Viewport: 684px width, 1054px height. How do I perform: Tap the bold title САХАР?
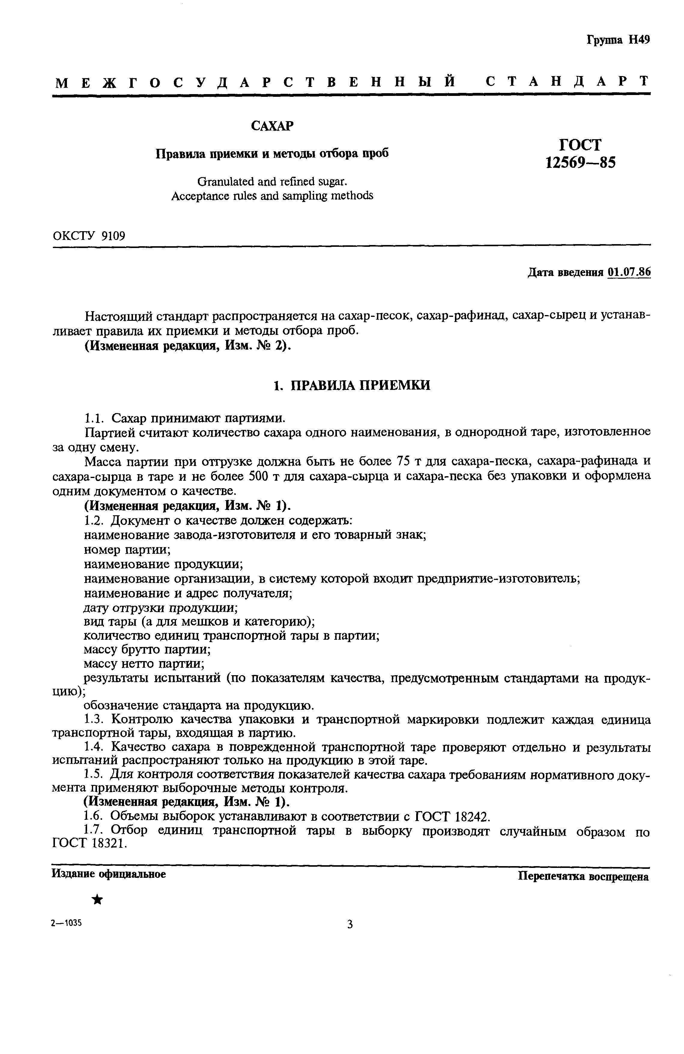272,126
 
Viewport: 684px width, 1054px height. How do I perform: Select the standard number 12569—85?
580,163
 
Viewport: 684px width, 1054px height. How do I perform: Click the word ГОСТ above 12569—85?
580,145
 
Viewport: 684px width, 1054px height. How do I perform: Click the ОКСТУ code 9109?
113,236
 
